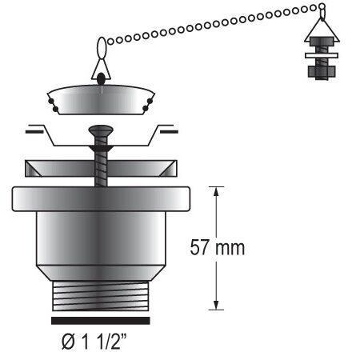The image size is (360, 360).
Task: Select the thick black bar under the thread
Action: coord(102,319)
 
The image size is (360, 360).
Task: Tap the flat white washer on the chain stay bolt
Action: coord(320,55)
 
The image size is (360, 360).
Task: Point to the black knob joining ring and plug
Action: coord(101,78)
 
